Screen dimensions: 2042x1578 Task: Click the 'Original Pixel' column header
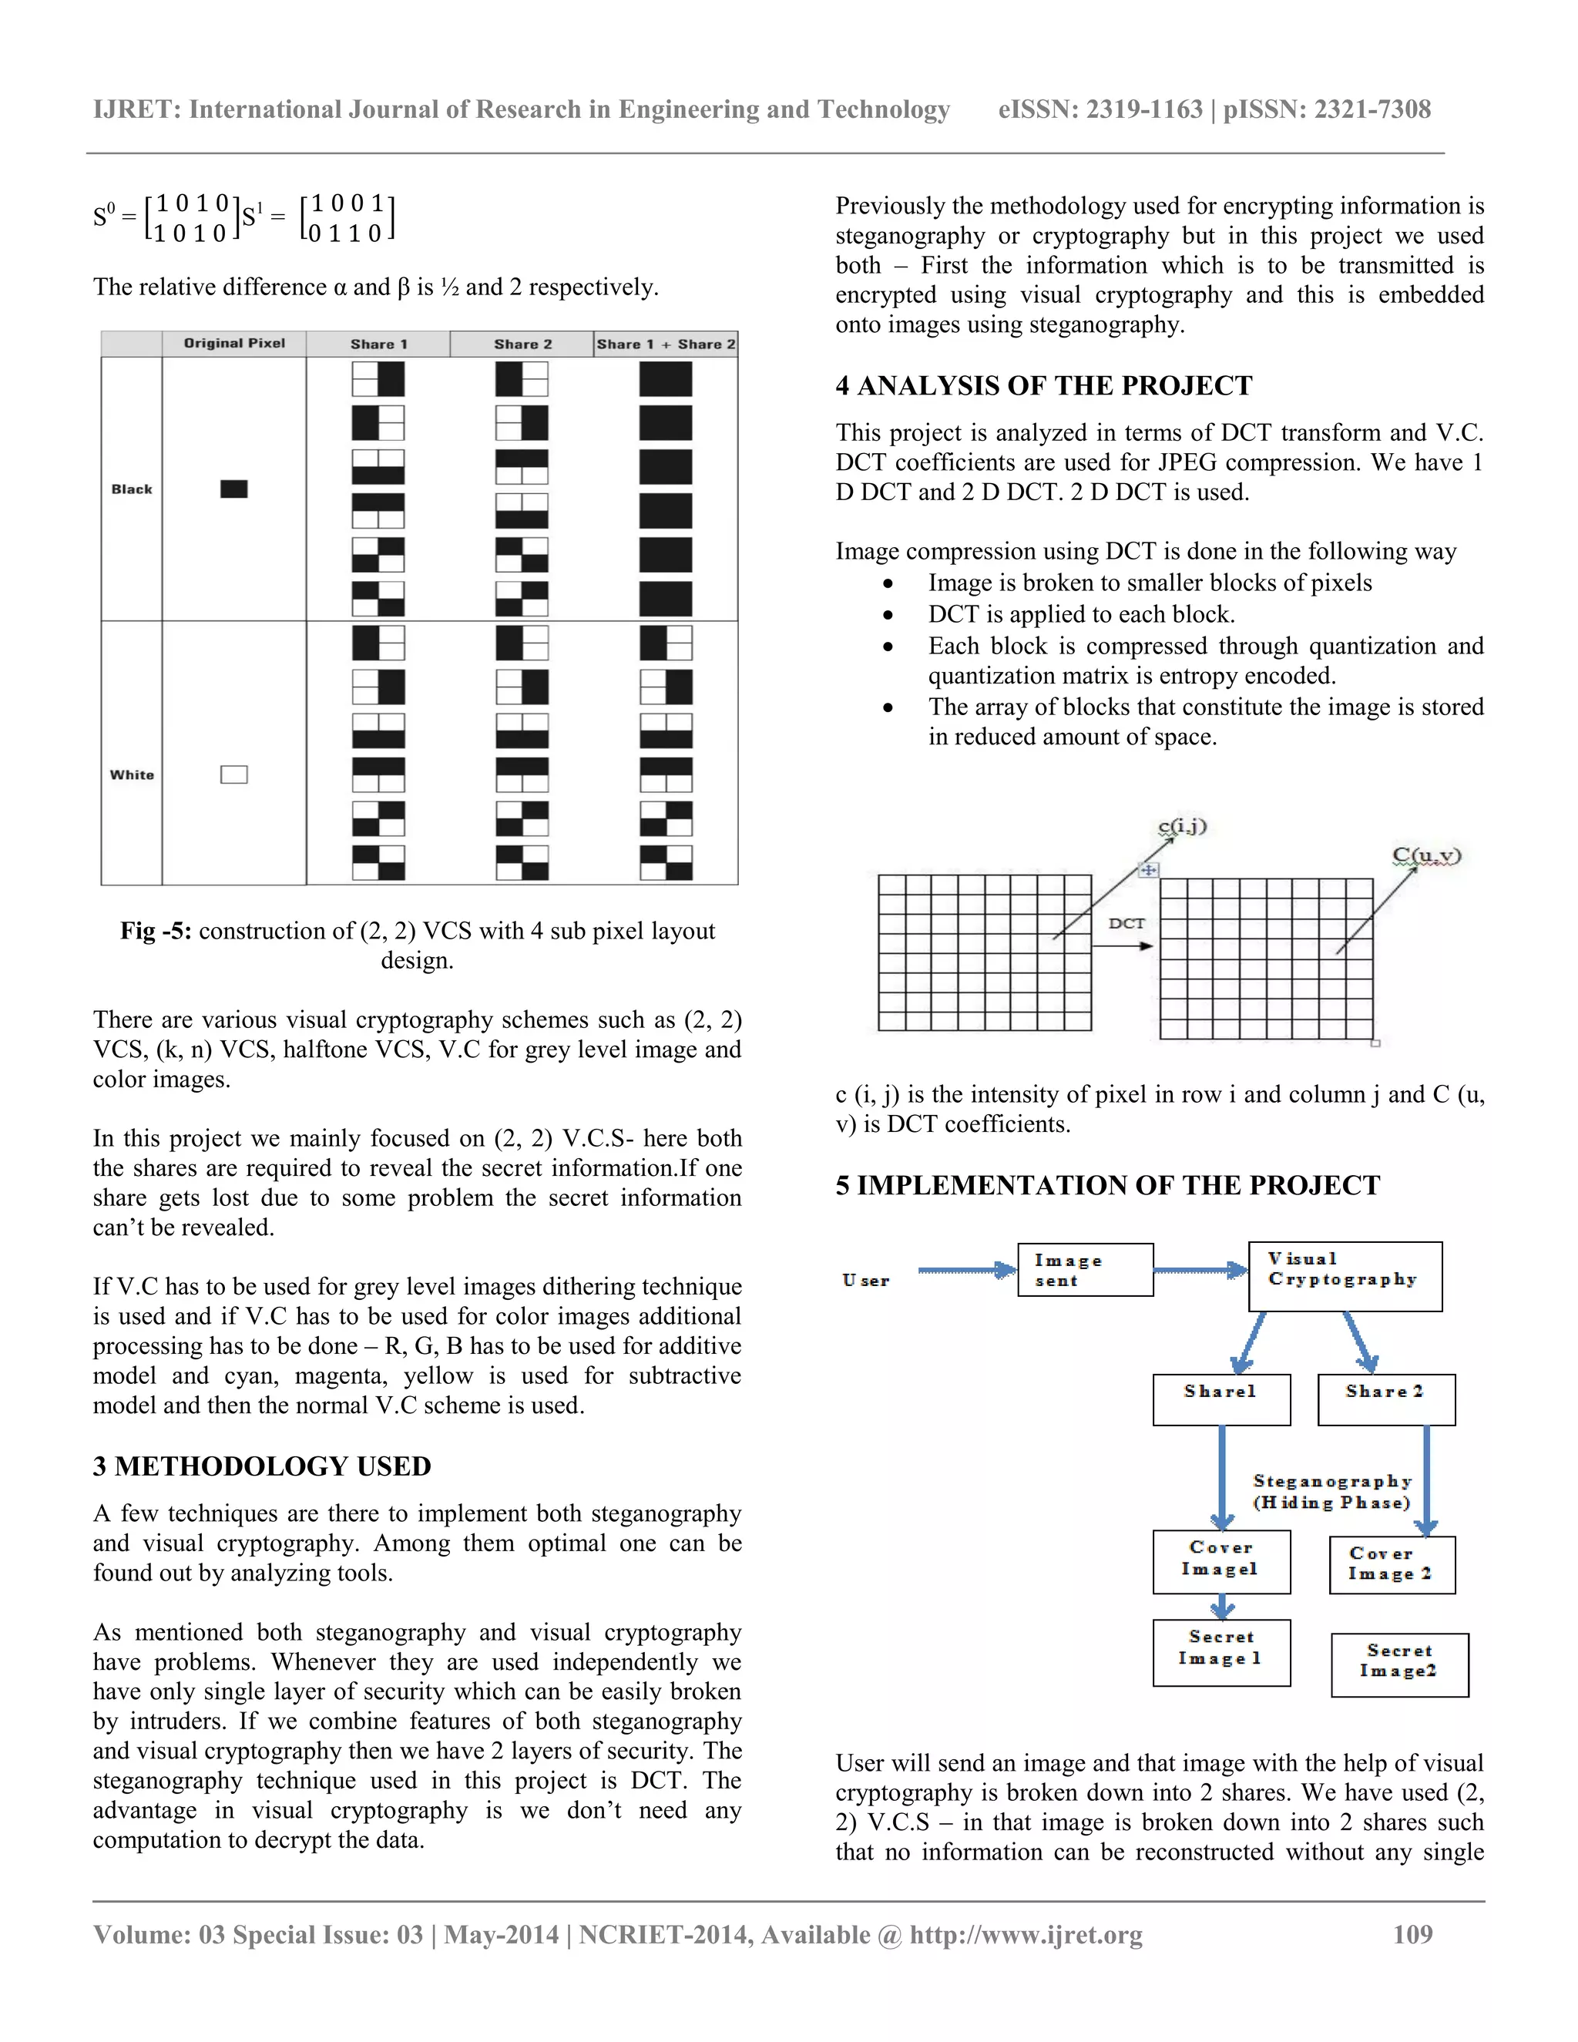(x=233, y=343)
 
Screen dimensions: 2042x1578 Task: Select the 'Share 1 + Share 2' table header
(x=666, y=344)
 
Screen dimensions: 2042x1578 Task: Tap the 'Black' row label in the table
(x=132, y=489)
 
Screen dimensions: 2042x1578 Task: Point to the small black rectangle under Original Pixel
(x=233, y=489)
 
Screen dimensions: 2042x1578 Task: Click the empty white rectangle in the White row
(x=233, y=774)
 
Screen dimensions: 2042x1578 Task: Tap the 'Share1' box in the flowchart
(x=1221, y=1399)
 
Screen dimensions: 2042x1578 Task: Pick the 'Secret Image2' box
(x=1398, y=1664)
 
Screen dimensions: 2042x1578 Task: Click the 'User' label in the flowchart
(x=865, y=1280)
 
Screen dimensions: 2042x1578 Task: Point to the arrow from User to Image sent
(x=965, y=1270)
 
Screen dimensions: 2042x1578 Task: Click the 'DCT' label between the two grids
(x=1126, y=923)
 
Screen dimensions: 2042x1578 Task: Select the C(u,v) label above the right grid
(x=1425, y=855)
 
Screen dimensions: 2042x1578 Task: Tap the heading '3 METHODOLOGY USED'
(x=262, y=1466)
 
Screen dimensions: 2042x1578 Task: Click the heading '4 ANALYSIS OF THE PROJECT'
(x=1043, y=385)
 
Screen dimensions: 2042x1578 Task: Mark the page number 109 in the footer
(x=1412, y=1934)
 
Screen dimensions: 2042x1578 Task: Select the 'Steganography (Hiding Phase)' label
(x=1331, y=1491)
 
